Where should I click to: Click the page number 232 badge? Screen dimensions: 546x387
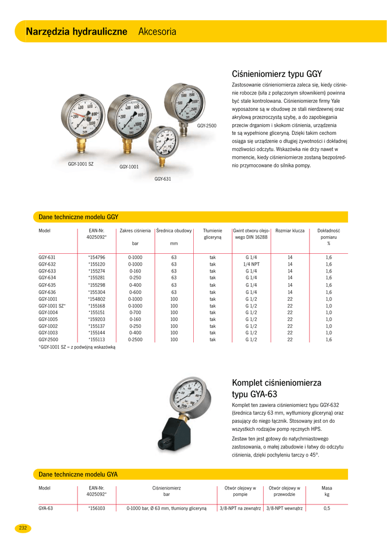coord(23,528)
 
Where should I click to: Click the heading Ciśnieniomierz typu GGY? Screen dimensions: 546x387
coord(277,74)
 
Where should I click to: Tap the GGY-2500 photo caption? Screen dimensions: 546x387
coord(207,125)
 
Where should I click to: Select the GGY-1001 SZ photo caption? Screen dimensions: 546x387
coord(81,164)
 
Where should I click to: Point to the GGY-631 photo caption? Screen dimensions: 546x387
coord(163,179)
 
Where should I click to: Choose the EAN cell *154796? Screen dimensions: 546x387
coord(97,258)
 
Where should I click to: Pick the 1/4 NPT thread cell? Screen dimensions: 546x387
coord(251,264)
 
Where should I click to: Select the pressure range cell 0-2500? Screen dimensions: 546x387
coord(135,339)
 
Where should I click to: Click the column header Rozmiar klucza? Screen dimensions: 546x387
coord(290,231)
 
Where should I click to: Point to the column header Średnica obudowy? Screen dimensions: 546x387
coord(174,231)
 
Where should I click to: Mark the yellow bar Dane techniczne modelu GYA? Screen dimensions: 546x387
coord(191,474)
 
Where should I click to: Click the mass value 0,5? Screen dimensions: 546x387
coord(327,508)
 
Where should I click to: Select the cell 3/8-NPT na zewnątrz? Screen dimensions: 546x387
coord(240,508)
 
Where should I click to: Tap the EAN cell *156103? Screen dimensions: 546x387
coord(97,508)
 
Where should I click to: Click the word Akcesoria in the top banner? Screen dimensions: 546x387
coord(157,31)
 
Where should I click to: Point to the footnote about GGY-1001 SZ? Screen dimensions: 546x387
coord(77,347)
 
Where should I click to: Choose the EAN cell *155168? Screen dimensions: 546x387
coord(97,306)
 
